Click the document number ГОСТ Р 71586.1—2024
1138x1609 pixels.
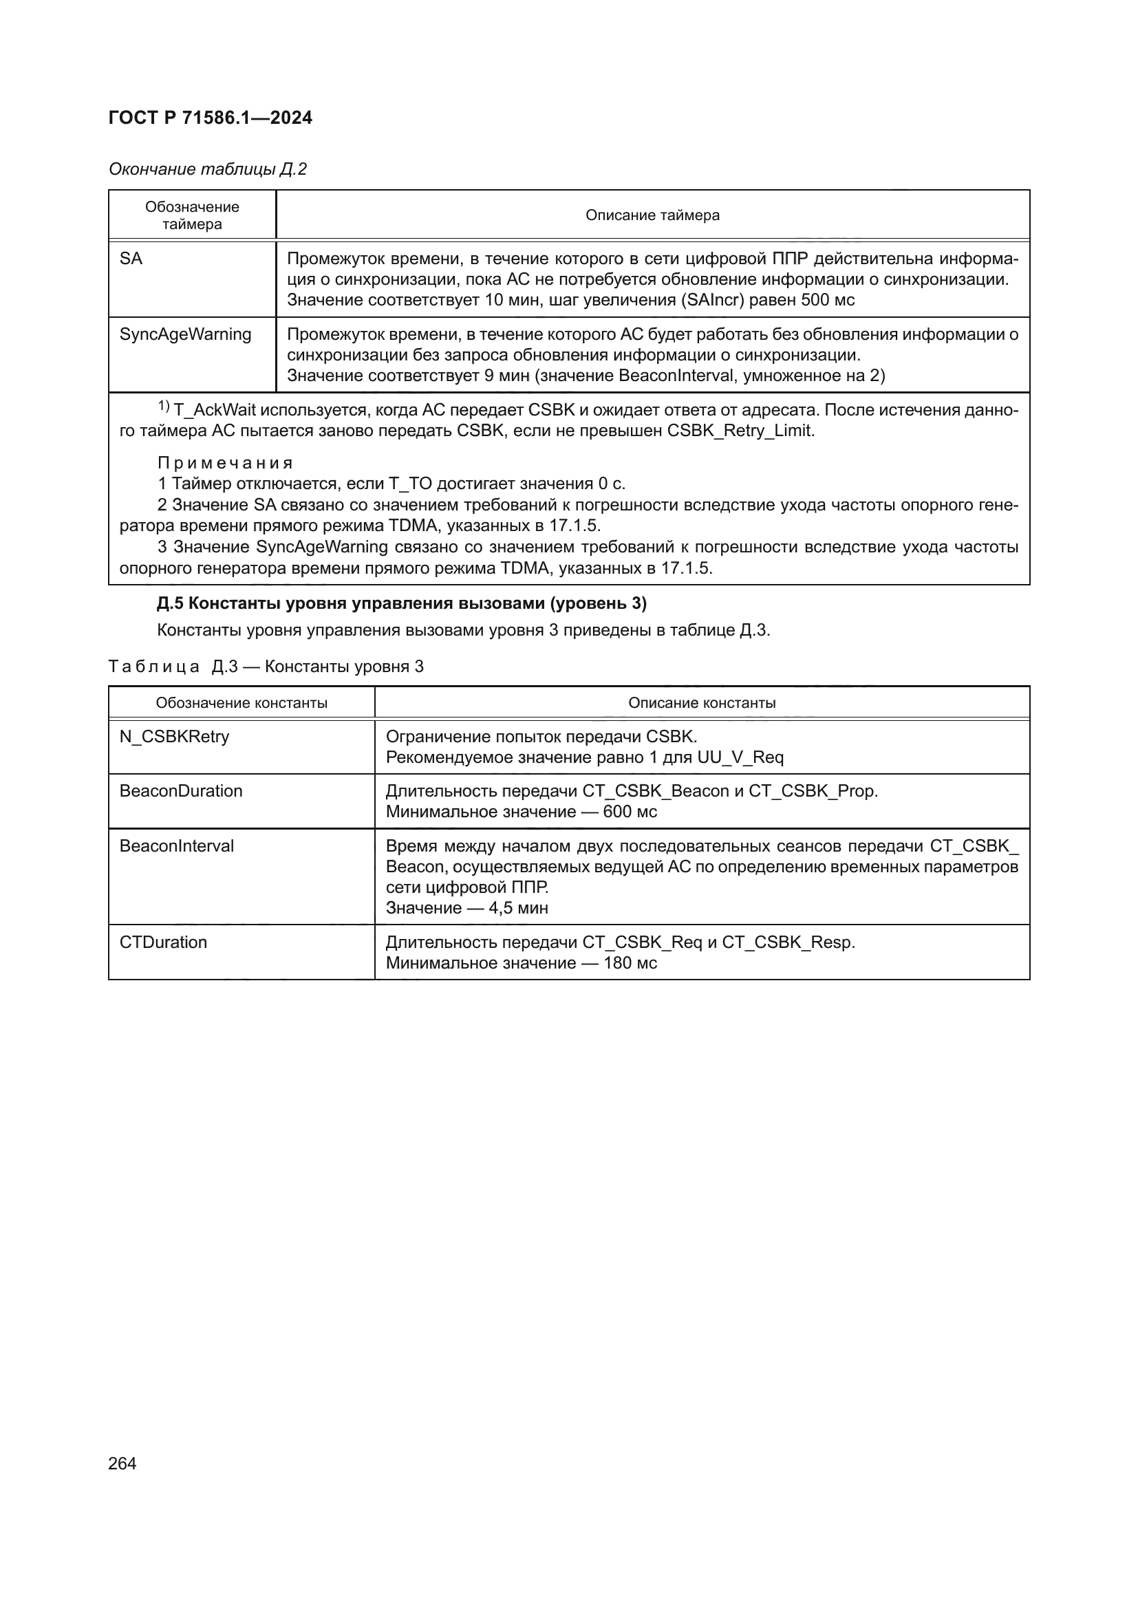(x=211, y=118)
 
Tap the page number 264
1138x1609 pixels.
(x=122, y=1463)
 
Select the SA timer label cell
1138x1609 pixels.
(x=131, y=259)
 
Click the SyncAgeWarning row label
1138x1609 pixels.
(x=185, y=334)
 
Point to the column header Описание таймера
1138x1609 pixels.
(x=652, y=215)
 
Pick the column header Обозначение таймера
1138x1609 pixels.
(x=192, y=215)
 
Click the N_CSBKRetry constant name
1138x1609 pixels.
(x=174, y=737)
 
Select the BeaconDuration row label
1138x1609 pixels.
(x=181, y=791)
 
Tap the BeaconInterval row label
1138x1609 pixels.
(x=177, y=846)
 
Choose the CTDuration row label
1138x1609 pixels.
(x=163, y=942)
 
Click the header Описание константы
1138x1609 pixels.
(x=701, y=703)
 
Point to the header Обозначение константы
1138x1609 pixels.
(x=241, y=703)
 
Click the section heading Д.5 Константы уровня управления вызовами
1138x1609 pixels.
(x=402, y=603)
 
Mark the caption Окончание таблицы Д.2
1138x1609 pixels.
(x=207, y=169)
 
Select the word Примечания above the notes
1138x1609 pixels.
(x=225, y=463)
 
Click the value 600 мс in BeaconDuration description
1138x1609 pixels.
(x=630, y=812)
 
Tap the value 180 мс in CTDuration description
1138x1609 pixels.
(x=630, y=963)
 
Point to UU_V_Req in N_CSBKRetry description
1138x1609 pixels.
(x=740, y=757)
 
